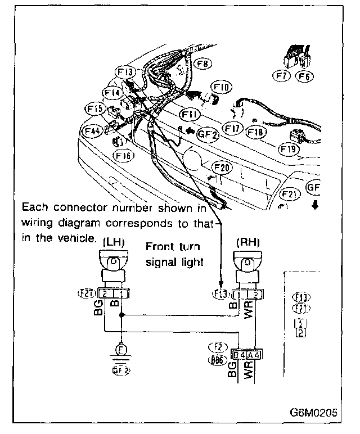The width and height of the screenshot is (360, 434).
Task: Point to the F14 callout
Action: click(x=112, y=92)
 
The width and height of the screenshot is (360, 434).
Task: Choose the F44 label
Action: click(x=92, y=130)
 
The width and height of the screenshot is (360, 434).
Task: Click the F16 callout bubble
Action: click(x=123, y=154)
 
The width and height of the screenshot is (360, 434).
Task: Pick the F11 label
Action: click(x=190, y=115)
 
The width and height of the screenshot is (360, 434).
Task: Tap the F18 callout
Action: click(x=256, y=132)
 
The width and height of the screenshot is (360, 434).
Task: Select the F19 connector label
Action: click(x=289, y=149)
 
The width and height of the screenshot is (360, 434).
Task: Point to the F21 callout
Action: click(x=289, y=195)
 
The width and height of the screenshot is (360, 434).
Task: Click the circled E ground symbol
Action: click(x=121, y=347)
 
